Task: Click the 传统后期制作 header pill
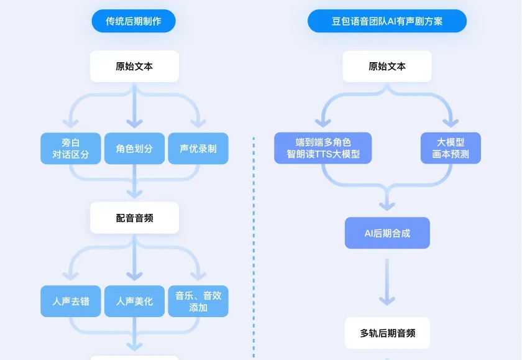tap(134, 21)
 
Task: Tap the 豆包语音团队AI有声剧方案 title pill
tap(387, 21)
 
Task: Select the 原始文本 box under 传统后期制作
tap(134, 67)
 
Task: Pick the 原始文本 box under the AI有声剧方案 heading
tap(387, 67)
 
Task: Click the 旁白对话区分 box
tap(71, 149)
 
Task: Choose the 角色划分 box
tap(134, 149)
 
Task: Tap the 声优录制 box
tap(198, 149)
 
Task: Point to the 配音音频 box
tap(134, 218)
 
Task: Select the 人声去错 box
tap(71, 302)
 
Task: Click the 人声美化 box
tap(134, 302)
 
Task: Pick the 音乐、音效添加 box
tap(198, 302)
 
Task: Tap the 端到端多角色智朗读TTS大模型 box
tap(323, 148)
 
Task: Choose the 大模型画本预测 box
tap(451, 148)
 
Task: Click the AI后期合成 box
tap(387, 233)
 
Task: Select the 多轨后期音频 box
tap(387, 333)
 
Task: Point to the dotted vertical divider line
tap(254, 249)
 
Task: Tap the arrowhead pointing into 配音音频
tap(134, 193)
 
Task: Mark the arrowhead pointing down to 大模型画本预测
tap(451, 123)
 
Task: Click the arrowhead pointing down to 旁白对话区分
tap(71, 123)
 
